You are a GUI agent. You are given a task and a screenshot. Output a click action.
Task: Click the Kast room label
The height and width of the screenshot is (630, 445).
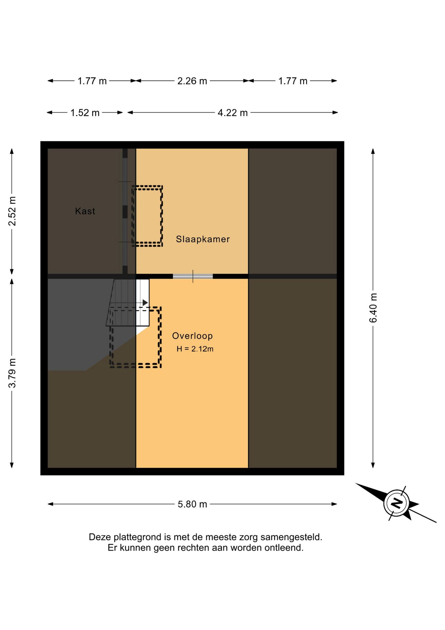85,211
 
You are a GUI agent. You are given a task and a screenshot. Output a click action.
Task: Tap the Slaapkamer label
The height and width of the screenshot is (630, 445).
203,239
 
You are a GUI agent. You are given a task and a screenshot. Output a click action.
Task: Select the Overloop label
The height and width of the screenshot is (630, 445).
192,336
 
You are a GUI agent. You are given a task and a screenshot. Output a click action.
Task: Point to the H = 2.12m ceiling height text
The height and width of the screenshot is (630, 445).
195,349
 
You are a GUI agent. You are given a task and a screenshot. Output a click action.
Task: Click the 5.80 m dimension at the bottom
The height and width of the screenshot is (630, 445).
192,504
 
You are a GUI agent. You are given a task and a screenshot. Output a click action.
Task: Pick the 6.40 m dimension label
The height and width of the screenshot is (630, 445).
373,308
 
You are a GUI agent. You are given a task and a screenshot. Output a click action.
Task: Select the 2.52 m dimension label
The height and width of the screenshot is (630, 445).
12,211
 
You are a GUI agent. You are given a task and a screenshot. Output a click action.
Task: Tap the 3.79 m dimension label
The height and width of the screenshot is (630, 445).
12,373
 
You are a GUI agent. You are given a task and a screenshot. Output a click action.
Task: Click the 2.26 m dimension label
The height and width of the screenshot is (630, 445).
192,81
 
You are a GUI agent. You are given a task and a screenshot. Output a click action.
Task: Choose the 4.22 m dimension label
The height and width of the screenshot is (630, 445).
233,113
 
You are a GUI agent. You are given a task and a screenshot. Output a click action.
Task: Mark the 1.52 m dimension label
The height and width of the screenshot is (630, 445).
85,113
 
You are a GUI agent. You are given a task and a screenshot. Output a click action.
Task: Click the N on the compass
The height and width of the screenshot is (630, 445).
397,503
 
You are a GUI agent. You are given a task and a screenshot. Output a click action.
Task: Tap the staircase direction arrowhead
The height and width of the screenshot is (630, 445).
145,303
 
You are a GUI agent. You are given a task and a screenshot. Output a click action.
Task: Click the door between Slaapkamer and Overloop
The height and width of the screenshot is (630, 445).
193,276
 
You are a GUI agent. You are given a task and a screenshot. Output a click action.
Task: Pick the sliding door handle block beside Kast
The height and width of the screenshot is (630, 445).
125,212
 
